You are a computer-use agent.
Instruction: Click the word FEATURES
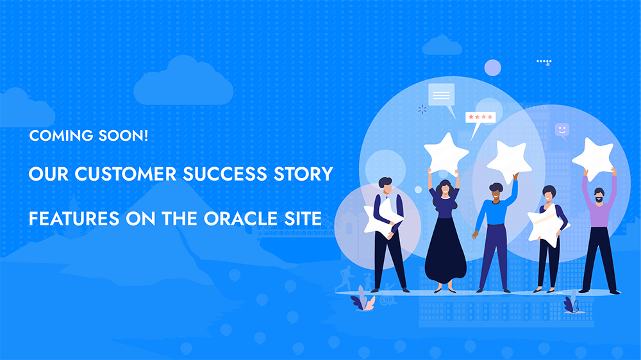point(74,218)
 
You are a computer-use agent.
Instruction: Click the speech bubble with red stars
point(479,119)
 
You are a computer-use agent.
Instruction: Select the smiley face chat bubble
point(562,130)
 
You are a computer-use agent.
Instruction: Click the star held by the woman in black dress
point(445,153)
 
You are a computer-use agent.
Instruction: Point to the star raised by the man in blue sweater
point(509,161)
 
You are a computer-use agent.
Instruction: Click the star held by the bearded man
point(594,158)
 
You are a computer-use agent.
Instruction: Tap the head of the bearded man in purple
point(599,195)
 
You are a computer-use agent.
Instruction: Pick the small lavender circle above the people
point(492,68)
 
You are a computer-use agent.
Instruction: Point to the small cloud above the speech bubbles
point(442,45)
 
